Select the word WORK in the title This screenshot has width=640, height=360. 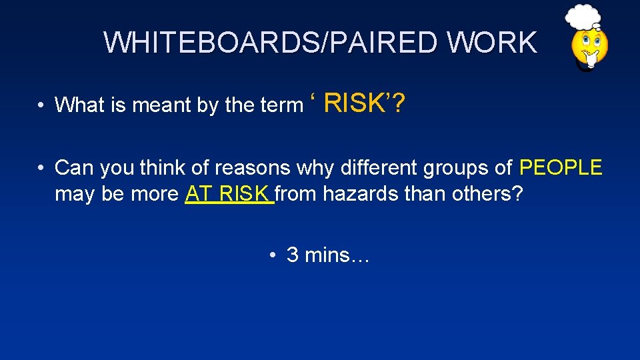[492, 43]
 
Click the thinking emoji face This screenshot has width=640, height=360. [589, 49]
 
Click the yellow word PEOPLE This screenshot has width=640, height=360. [560, 167]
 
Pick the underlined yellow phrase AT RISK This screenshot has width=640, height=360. [229, 194]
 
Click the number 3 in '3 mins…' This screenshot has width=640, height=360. [292, 255]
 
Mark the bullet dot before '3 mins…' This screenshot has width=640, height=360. [273, 255]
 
